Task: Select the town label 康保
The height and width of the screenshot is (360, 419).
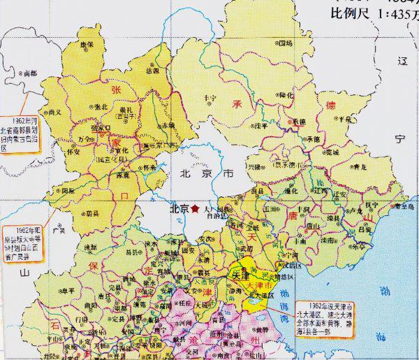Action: pyautogui.click(x=87, y=44)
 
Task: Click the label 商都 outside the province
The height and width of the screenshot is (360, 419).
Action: pyautogui.click(x=29, y=72)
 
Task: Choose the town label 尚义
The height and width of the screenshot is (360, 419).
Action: pyautogui.click(x=54, y=112)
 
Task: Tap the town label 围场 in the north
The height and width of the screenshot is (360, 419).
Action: pyautogui.click(x=286, y=43)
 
